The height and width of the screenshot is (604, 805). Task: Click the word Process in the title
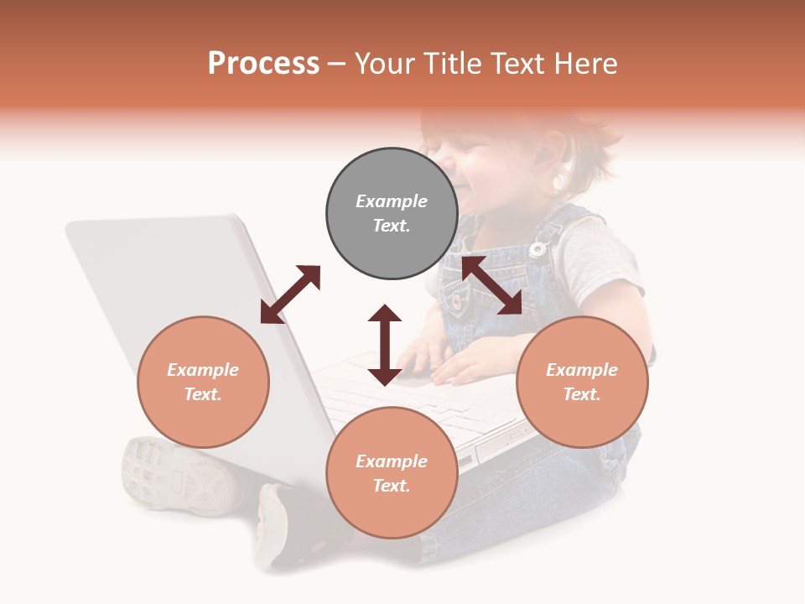263,64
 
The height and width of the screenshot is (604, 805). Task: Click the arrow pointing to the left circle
290,294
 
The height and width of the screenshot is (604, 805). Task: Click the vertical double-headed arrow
385,345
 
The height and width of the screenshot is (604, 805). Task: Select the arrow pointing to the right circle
491,285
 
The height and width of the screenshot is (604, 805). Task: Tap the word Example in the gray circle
392,201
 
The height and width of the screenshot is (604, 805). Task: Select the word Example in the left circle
203,370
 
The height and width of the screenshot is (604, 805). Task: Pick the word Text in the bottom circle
391,486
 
